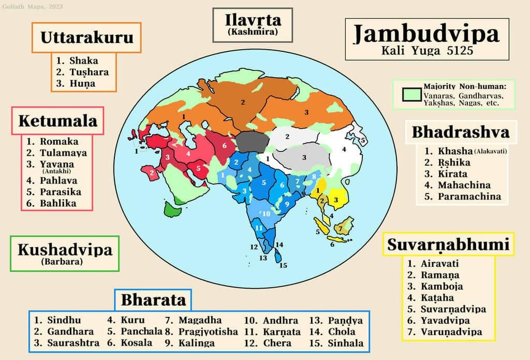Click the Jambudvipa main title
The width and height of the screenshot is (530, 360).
426,34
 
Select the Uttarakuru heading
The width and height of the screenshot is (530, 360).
86,37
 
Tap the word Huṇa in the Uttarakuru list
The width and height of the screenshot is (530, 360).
83,83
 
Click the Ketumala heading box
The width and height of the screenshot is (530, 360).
58,121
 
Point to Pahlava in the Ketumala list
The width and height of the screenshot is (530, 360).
58,181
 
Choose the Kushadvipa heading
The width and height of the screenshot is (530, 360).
65,250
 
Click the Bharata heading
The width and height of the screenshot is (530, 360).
153,299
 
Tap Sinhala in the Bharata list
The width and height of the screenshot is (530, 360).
345,343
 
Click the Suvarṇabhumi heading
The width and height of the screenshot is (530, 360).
448,244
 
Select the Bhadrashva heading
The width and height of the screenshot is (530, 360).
460,132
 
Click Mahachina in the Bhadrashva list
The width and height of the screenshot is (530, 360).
464,185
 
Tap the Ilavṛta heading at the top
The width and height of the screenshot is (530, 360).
253,21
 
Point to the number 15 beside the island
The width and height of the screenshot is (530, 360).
283,265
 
